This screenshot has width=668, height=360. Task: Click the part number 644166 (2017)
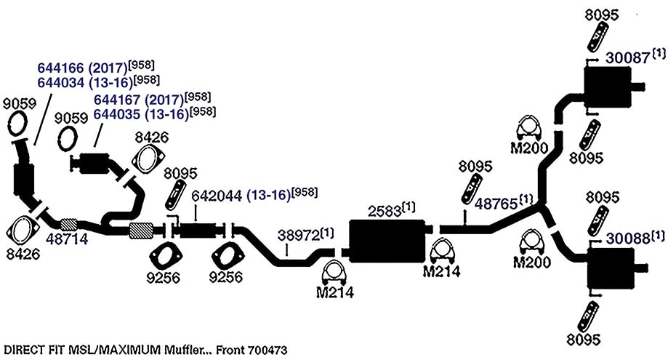(83, 68)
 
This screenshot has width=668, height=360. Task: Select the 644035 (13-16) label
(141, 113)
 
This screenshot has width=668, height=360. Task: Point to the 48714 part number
(67, 239)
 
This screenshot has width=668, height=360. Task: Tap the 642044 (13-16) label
(241, 196)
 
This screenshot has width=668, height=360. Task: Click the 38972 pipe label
(299, 235)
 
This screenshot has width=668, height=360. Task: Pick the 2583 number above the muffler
(385, 211)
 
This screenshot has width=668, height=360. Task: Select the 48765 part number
(496, 204)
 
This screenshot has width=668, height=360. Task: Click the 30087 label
(627, 57)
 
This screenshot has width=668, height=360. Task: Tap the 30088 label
(628, 238)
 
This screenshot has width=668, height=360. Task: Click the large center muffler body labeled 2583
(387, 241)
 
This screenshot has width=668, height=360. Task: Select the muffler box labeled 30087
(608, 87)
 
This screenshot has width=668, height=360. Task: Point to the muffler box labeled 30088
(611, 268)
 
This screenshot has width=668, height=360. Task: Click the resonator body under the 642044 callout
(198, 231)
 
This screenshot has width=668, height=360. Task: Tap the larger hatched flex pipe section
(140, 231)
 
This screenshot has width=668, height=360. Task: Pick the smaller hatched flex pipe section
(68, 224)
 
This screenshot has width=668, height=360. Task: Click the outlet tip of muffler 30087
(638, 87)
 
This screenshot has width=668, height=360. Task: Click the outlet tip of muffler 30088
(642, 268)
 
